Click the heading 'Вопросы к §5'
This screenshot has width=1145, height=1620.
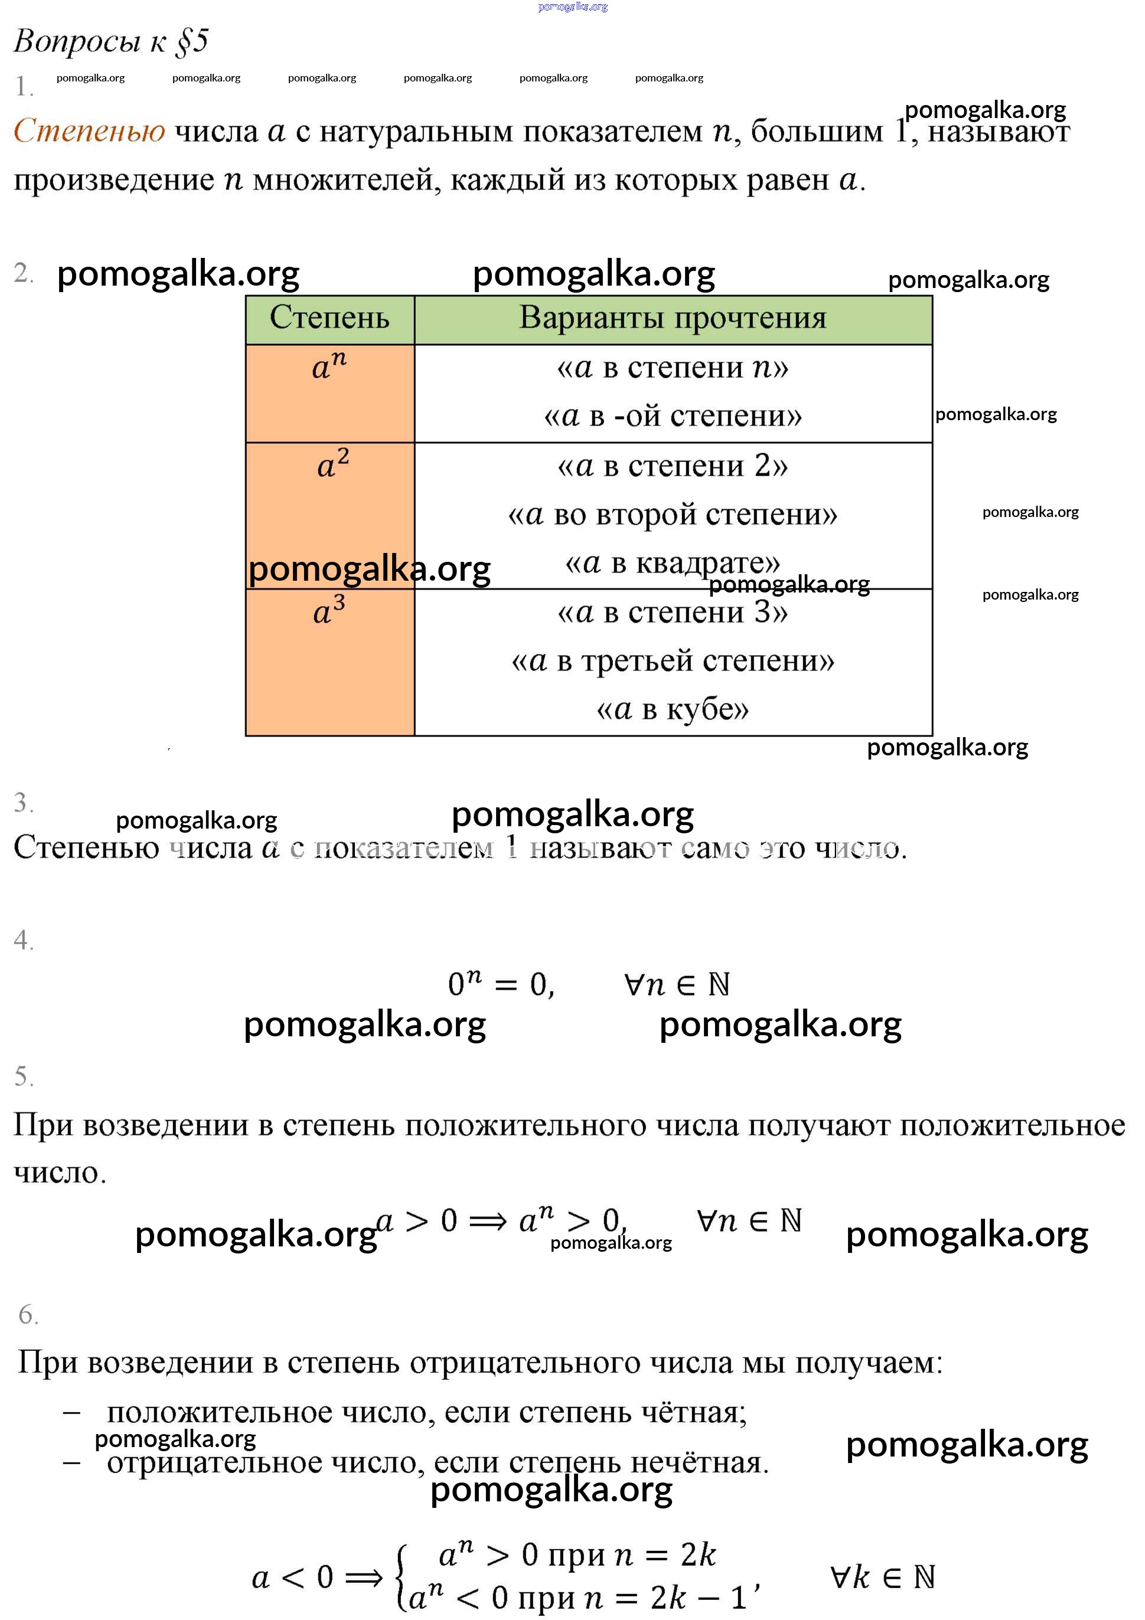[111, 41]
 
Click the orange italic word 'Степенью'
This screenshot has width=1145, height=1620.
[90, 131]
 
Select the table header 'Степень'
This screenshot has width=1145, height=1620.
[329, 318]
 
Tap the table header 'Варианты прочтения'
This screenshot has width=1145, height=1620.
[672, 318]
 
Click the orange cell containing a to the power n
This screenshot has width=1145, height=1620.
[329, 392]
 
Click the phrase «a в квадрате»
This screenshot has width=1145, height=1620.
[672, 563]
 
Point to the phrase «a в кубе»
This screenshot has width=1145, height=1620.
[672, 709]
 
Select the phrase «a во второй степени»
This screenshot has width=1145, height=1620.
[672, 515]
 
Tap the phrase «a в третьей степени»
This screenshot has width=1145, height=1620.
[672, 661]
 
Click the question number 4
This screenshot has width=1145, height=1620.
[23, 941]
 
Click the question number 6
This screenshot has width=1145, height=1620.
[28, 1314]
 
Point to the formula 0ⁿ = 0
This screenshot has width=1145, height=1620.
[501, 984]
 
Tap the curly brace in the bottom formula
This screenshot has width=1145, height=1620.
[402, 1578]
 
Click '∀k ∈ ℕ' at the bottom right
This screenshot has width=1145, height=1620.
[882, 1578]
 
